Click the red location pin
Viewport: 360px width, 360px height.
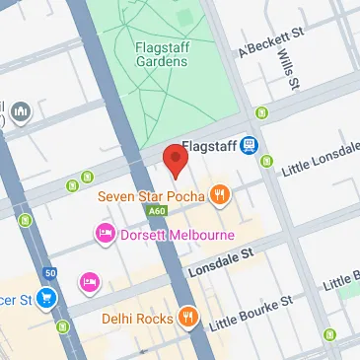[x=175, y=160]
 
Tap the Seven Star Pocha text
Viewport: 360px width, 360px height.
[x=151, y=196]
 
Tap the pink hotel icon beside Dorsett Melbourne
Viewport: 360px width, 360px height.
[x=104, y=235]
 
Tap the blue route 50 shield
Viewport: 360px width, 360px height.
[x=50, y=272]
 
